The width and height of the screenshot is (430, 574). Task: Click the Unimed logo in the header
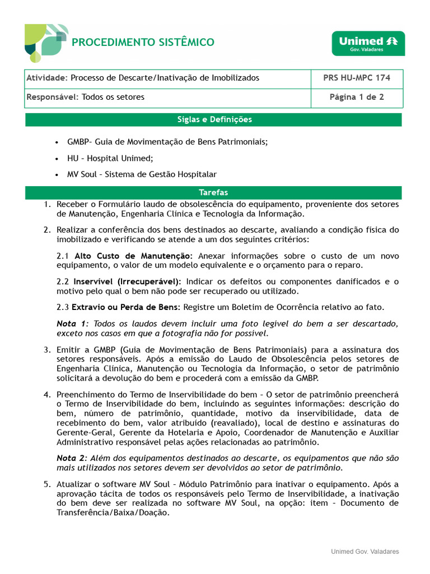tap(368, 43)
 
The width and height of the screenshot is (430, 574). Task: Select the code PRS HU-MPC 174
tap(357, 78)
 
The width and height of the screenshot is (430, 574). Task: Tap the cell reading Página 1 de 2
tap(357, 97)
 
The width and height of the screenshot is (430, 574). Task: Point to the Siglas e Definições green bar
tap(214, 119)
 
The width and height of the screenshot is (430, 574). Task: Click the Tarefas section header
tap(214, 192)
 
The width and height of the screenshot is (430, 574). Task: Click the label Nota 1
tap(72, 323)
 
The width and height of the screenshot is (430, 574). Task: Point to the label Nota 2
tap(72, 458)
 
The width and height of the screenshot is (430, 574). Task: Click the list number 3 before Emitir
tap(47, 349)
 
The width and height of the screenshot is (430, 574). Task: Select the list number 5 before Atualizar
tap(47, 484)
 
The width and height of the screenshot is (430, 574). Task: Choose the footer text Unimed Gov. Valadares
tap(364, 552)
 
